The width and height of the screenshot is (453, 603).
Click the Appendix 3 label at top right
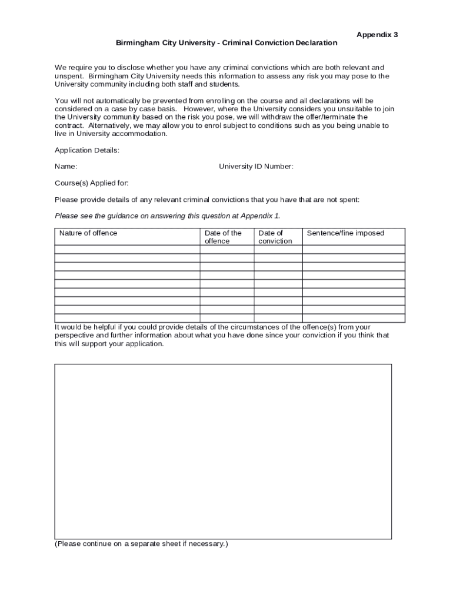(377, 35)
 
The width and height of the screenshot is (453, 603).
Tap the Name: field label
(66, 167)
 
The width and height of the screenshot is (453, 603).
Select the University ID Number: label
(256, 167)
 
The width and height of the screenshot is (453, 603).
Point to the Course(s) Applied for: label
(91, 183)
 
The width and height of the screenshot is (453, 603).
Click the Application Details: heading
(87, 150)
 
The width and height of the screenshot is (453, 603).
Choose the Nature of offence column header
(88, 233)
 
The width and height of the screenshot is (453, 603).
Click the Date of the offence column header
(223, 237)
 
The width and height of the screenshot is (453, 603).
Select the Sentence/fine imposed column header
(345, 233)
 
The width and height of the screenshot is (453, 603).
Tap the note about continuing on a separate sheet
(141, 544)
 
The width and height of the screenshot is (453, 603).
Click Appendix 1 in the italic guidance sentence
(262, 216)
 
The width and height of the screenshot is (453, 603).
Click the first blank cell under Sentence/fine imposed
(354, 249)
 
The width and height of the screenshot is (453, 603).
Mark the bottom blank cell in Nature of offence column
(127, 319)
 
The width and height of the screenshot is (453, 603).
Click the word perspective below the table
(74, 336)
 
